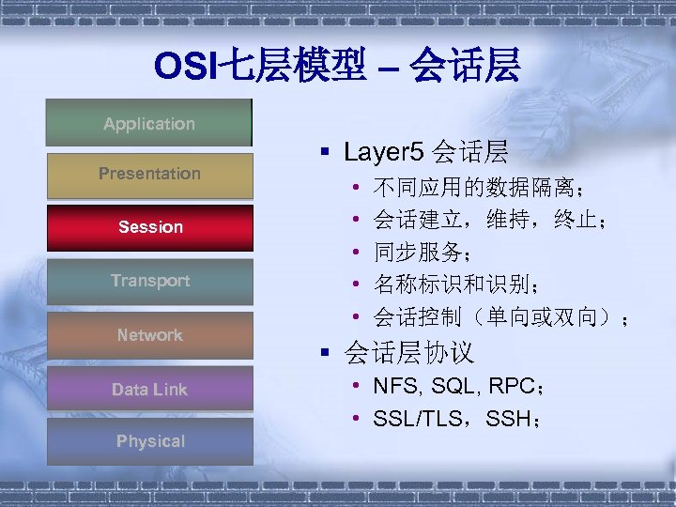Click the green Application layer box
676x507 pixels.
[x=149, y=123]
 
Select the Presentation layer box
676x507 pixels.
[x=149, y=174]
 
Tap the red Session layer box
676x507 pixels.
[x=150, y=227]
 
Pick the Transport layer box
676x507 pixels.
[x=150, y=281]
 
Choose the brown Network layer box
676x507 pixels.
[x=150, y=335]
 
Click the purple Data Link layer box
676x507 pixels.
[x=150, y=389]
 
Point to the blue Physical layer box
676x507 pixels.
[x=150, y=441]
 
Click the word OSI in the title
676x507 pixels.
[x=186, y=66]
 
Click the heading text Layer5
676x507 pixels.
[x=384, y=151]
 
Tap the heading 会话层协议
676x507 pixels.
[x=409, y=353]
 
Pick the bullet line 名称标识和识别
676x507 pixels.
[x=455, y=284]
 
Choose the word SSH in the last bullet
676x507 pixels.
[x=507, y=419]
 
